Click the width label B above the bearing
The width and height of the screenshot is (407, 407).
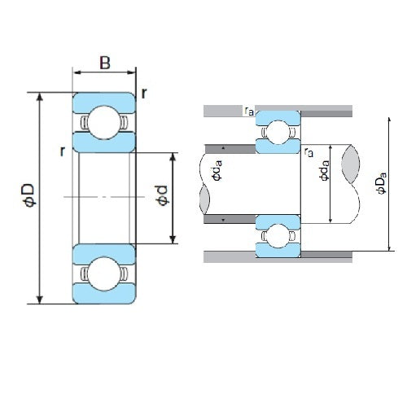[105, 63]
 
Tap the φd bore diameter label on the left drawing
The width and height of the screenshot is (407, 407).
[162, 195]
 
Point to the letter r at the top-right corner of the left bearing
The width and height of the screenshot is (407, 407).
[143, 92]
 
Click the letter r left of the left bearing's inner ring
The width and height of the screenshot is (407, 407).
[62, 151]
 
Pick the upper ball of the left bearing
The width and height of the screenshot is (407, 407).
[104, 122]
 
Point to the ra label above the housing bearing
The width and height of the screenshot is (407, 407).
[247, 111]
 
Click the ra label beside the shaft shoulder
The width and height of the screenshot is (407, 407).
[308, 151]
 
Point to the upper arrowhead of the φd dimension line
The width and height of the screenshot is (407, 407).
[173, 155]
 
